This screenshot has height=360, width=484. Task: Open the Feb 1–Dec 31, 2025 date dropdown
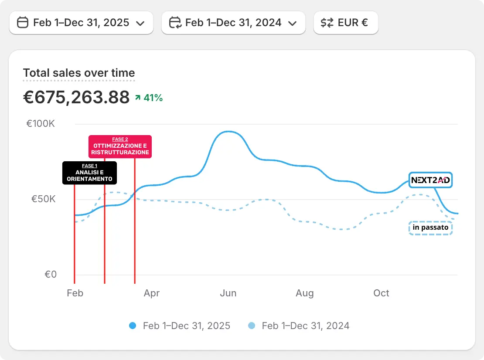pos(81,23)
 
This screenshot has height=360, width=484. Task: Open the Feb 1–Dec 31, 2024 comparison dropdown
pos(233,23)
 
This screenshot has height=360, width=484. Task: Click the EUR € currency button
pos(346,23)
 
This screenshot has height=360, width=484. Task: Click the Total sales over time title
pos(79,73)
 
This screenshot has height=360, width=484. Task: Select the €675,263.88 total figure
pos(76,97)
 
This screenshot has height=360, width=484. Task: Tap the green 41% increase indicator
pos(149,98)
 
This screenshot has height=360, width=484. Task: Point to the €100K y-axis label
pos(41,124)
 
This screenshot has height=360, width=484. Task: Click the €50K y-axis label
pos(43,200)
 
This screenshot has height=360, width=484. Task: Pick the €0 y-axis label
pos(51,275)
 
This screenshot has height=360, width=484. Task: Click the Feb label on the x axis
pos(75,293)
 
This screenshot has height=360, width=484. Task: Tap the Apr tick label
pos(152,293)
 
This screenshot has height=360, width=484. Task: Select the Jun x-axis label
pos(228,293)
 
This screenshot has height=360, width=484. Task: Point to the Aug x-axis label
pos(305,293)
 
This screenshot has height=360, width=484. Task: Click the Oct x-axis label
pos(381,293)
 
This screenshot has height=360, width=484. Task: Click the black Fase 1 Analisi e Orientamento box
pos(89,173)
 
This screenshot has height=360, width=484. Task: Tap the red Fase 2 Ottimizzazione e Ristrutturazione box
pos(120,146)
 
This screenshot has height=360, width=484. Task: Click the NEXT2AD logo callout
pos(430,180)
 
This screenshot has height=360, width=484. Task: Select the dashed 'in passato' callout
pos(430,228)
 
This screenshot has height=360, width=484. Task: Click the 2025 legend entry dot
pos(133,326)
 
